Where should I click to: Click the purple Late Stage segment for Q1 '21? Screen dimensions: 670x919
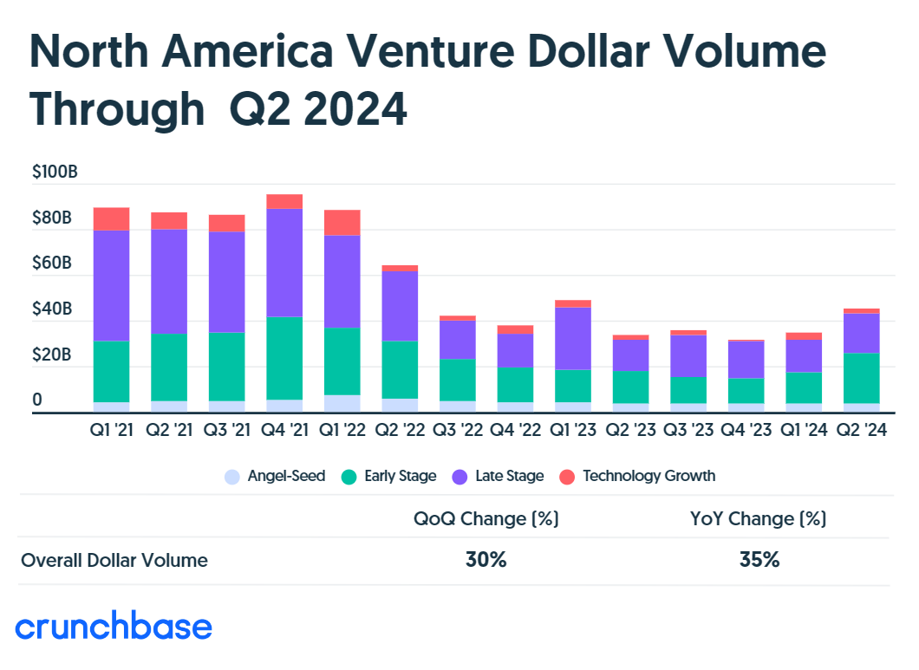(x=111, y=285)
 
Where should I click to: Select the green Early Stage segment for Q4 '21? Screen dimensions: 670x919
(x=284, y=358)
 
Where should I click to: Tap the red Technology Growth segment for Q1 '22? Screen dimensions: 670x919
(x=342, y=223)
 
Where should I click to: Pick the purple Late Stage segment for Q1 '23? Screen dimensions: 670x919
(x=573, y=338)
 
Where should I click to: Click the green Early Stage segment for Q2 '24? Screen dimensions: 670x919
(x=862, y=378)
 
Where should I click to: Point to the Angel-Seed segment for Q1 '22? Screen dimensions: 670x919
(x=342, y=404)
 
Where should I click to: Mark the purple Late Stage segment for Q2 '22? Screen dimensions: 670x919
(x=400, y=306)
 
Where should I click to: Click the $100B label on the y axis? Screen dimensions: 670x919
(x=55, y=172)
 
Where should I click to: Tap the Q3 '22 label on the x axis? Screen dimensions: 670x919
(x=457, y=430)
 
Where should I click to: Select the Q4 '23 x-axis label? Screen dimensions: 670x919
(x=746, y=430)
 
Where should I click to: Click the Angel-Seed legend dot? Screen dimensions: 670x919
(x=231, y=476)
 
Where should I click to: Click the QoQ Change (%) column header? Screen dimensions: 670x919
(x=486, y=519)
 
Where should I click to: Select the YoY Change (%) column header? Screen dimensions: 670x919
(x=759, y=519)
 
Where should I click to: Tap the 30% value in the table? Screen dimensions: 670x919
(x=486, y=560)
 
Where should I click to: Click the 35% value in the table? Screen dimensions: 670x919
(x=759, y=560)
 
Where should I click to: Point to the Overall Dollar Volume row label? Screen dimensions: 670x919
(x=114, y=560)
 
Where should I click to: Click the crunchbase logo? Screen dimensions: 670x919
(x=114, y=627)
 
